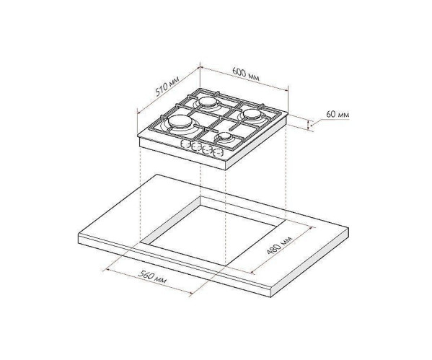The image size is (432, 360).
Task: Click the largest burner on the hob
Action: tap(180, 123)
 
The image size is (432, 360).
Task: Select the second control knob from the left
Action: tap(195, 147)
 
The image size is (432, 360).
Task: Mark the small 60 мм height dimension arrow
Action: tap(311, 126)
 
